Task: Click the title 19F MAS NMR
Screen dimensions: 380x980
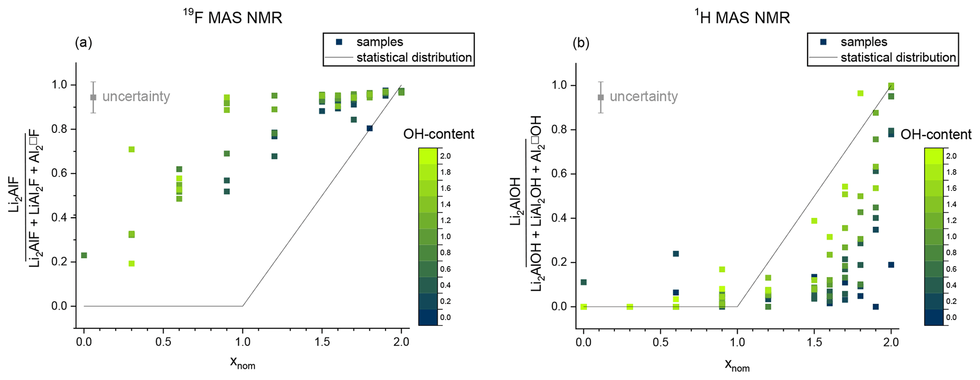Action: point(233,18)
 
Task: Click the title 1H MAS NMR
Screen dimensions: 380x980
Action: point(742,18)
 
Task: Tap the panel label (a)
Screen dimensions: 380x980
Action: point(83,43)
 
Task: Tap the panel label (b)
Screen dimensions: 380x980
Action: point(581,43)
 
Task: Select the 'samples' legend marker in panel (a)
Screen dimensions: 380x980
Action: point(339,42)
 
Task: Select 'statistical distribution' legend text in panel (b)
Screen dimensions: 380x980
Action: point(898,58)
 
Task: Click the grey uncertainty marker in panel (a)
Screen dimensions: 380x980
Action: point(93,97)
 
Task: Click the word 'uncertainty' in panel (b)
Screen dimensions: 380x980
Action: point(643,97)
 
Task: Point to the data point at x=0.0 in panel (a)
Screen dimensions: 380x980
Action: point(84,255)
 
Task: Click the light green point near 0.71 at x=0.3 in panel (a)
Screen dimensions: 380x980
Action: point(131,149)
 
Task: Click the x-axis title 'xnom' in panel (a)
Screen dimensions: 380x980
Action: point(242,362)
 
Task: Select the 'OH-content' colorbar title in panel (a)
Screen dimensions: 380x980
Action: point(439,134)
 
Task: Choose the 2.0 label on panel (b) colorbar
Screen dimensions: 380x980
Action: point(951,156)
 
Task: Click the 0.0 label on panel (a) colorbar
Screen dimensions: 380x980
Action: point(445,317)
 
